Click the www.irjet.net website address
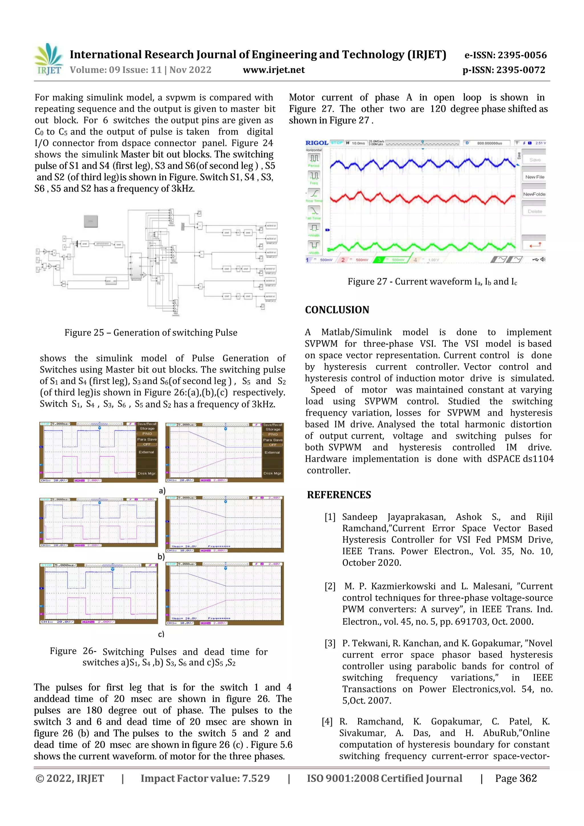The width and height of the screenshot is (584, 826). pos(273,70)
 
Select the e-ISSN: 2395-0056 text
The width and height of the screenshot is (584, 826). pos(505,55)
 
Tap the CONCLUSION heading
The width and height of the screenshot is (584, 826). pos(337,310)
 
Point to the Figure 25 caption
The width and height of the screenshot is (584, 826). pos(151,332)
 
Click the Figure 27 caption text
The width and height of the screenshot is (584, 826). pos(432,282)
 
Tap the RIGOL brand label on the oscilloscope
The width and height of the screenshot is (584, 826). pos(317,143)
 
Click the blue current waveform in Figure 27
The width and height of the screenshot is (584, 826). pos(421,165)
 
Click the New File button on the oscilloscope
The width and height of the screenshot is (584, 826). pos(534,177)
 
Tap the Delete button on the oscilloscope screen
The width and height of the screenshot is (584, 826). pos(534,212)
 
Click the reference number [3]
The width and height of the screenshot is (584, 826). pos(330,644)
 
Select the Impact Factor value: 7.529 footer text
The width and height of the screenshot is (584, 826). pos(205,778)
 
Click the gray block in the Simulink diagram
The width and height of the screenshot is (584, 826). pos(91,221)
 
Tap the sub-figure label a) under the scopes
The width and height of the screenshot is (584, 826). pos(162,490)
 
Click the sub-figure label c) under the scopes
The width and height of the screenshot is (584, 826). pos(161,634)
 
